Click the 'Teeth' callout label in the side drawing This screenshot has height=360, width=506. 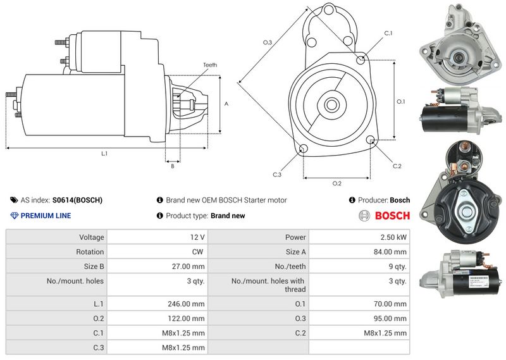click(210, 65)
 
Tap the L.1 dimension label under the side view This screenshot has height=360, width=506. click(104, 154)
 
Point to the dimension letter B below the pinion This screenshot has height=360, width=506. click(173, 166)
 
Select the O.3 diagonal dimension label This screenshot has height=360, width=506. click(268, 42)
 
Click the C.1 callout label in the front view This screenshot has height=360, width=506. click(388, 33)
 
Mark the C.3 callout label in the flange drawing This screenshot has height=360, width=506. click(277, 175)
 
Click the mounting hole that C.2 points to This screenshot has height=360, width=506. click(371, 139)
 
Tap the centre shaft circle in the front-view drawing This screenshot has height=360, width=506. click(331, 104)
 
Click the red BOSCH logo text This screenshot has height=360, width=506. click(392, 216)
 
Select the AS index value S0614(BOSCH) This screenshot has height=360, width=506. click(77, 200)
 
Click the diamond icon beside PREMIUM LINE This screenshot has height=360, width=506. click(14, 216)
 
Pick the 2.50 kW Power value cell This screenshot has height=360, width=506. click(359, 237)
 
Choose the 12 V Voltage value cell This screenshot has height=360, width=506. click(157, 237)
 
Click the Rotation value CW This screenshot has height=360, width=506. click(197, 252)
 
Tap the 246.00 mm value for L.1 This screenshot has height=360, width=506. click(186, 304)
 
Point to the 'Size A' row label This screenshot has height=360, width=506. click(295, 252)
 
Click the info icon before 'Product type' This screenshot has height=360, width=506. click(160, 215)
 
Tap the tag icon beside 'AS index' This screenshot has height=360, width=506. click(14, 200)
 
